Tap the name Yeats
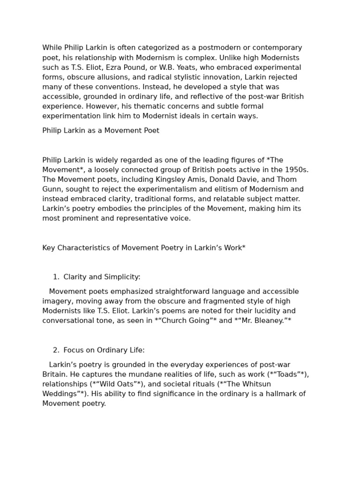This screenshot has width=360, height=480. pyautogui.click(x=187, y=67)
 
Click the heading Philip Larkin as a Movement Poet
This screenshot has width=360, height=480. pyautogui.click(x=101, y=131)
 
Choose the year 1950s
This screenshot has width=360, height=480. pyautogui.click(x=297, y=170)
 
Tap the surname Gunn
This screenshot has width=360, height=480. pyautogui.click(x=52, y=189)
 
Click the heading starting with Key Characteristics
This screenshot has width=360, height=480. pyautogui.click(x=144, y=248)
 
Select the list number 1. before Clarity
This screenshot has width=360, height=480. pyautogui.click(x=56, y=277)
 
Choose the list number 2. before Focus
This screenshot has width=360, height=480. pyautogui.click(x=56, y=350)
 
